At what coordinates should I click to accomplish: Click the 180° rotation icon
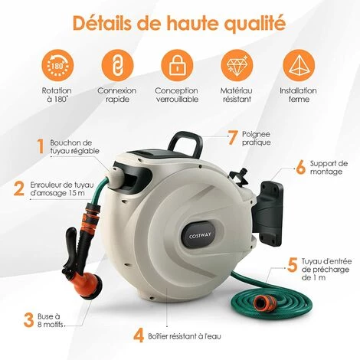tap(57, 66)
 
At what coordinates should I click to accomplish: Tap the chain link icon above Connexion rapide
tap(117, 66)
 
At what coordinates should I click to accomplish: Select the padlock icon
tap(177, 66)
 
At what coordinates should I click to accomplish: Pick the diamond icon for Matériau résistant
tap(237, 66)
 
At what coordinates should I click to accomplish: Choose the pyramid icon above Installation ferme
tap(299, 66)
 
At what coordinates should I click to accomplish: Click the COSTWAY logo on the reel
tap(197, 236)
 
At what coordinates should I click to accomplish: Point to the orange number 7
tap(232, 138)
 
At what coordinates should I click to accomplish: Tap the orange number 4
tap(139, 336)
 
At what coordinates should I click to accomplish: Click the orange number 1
tap(41, 146)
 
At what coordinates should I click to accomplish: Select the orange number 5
tap(293, 265)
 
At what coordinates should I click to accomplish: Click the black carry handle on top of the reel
tap(185, 143)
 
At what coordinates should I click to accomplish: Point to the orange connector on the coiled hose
tap(265, 303)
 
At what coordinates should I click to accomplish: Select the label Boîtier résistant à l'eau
tap(185, 336)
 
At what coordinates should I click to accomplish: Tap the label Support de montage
tap(329, 167)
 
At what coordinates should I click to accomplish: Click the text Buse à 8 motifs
tap(51, 321)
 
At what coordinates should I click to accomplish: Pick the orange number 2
tap(19, 188)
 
